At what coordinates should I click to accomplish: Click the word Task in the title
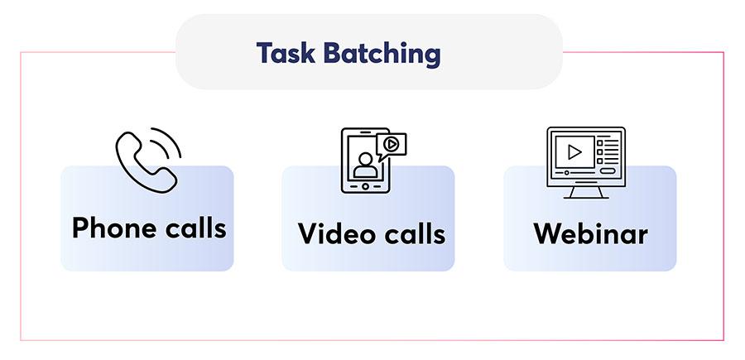[x=285, y=53]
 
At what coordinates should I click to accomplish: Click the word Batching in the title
[x=382, y=54]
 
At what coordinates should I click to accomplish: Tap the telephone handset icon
[x=146, y=162]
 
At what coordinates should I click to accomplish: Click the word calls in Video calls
[x=415, y=233]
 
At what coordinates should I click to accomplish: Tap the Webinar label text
[x=590, y=233]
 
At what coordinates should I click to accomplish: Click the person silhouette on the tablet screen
[x=365, y=165]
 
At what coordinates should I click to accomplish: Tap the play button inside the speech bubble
[x=391, y=143]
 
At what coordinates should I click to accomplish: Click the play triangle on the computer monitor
[x=574, y=152]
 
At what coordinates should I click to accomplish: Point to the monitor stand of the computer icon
[x=586, y=192]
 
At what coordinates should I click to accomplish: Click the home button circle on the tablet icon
[x=365, y=186]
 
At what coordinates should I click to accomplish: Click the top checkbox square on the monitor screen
[x=599, y=142]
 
